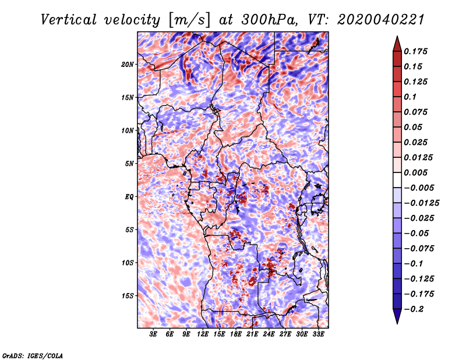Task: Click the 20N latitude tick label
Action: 128,65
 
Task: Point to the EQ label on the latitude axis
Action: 129,197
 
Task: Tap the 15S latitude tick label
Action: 128,296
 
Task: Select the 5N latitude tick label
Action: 129,164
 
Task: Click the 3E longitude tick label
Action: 153,334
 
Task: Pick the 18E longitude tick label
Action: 236,334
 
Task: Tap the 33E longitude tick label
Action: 318,334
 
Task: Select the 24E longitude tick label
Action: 269,334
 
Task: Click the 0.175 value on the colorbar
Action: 415,51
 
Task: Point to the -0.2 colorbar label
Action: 414,309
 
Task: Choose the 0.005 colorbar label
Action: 415,172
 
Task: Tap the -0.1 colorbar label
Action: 413,264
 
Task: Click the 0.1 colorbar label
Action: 410,97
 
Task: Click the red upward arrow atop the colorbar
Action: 397,44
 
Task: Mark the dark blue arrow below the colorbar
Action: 397,316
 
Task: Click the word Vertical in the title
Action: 69,20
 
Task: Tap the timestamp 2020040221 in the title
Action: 380,20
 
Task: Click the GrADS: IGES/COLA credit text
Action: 33,356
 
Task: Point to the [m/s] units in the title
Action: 189,20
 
